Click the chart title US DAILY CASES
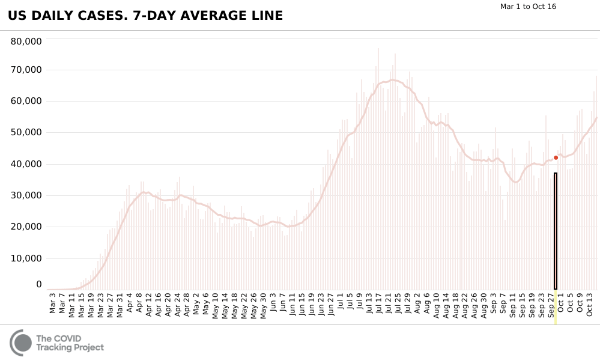pos(145,16)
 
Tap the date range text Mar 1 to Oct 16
pos(529,7)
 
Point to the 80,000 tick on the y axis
pos(26,41)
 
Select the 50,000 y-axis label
pos(26,132)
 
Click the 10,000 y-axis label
pos(26,258)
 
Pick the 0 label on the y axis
pos(38,284)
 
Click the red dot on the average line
pos(556,157)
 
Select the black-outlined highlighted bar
pos(556,231)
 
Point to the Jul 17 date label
pos(379,304)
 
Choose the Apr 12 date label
pos(149,304)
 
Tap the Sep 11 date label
pos(513,304)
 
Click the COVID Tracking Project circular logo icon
pos(21,343)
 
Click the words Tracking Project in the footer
pos(70,347)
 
